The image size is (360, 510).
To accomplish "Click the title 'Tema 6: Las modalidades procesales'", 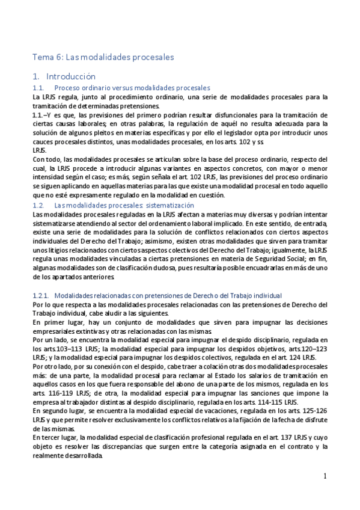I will point(103,57).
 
